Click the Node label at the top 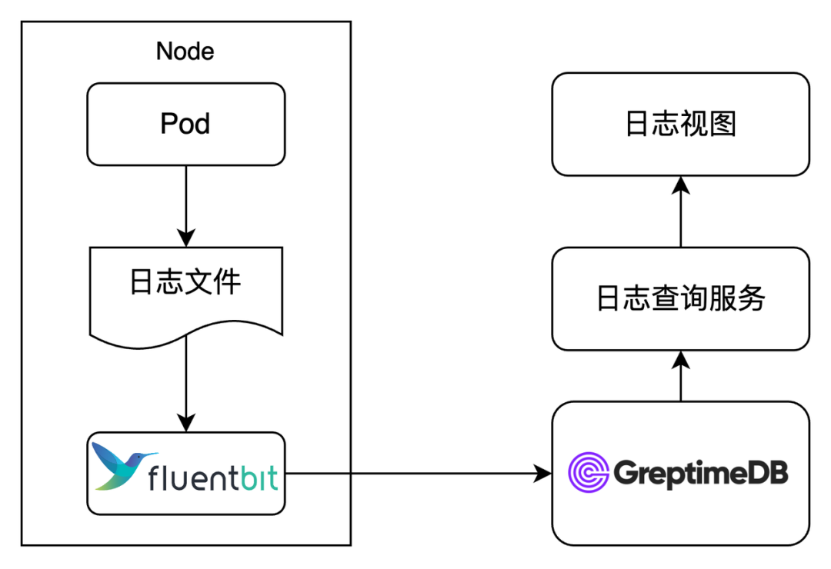185,52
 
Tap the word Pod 185,124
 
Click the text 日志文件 185,282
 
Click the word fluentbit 212,479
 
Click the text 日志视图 680,124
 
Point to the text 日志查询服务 680,298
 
